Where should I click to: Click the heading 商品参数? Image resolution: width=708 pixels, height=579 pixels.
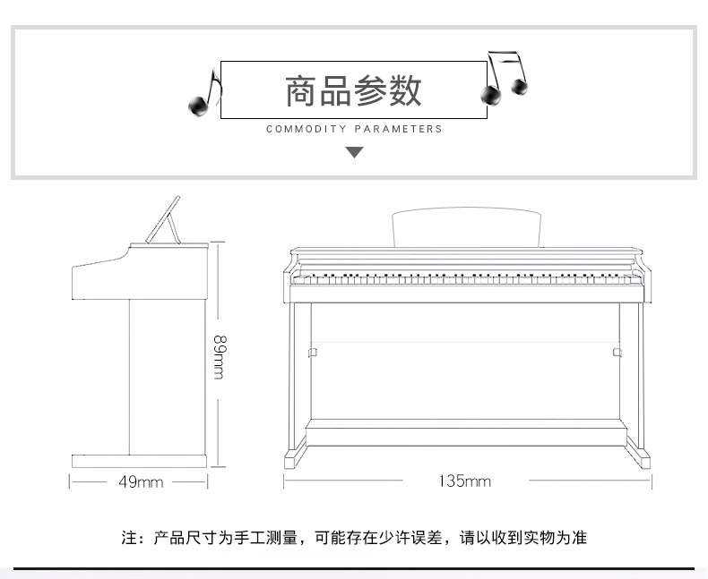pyautogui.click(x=353, y=91)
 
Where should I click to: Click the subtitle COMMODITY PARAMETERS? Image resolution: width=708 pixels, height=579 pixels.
pyautogui.click(x=354, y=129)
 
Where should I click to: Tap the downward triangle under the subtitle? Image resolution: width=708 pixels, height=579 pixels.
pyautogui.click(x=354, y=152)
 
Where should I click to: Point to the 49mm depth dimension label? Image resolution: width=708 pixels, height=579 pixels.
pyautogui.click(x=141, y=481)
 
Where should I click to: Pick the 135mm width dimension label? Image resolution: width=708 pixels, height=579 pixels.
pyautogui.click(x=464, y=481)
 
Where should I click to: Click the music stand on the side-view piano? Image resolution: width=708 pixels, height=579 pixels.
pyautogui.click(x=164, y=220)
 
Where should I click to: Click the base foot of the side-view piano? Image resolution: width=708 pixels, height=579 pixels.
pyautogui.click(x=139, y=461)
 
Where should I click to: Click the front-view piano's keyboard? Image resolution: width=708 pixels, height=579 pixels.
pyautogui.click(x=467, y=277)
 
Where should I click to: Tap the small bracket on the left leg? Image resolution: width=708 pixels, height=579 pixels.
pyautogui.click(x=312, y=353)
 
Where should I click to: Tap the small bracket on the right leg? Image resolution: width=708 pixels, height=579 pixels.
pyautogui.click(x=617, y=353)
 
